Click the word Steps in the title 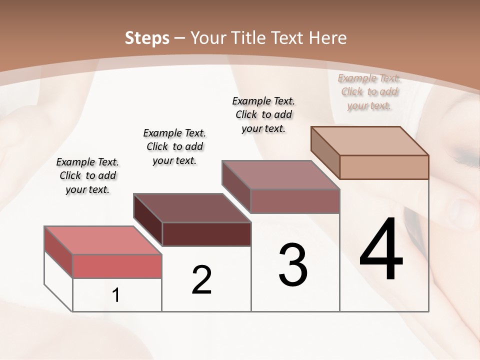click(146, 38)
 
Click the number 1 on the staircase click(116, 295)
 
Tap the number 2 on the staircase click(201, 280)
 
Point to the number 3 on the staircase click(293, 265)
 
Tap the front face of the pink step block click(117, 266)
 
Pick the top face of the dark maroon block click(192, 207)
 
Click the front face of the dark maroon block click(206, 234)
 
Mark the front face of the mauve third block click(295, 201)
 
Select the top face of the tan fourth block click(370, 140)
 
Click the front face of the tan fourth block click(384, 167)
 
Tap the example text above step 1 click(87, 175)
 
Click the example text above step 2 click(174, 146)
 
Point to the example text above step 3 click(263, 114)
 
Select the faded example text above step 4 click(369, 91)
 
